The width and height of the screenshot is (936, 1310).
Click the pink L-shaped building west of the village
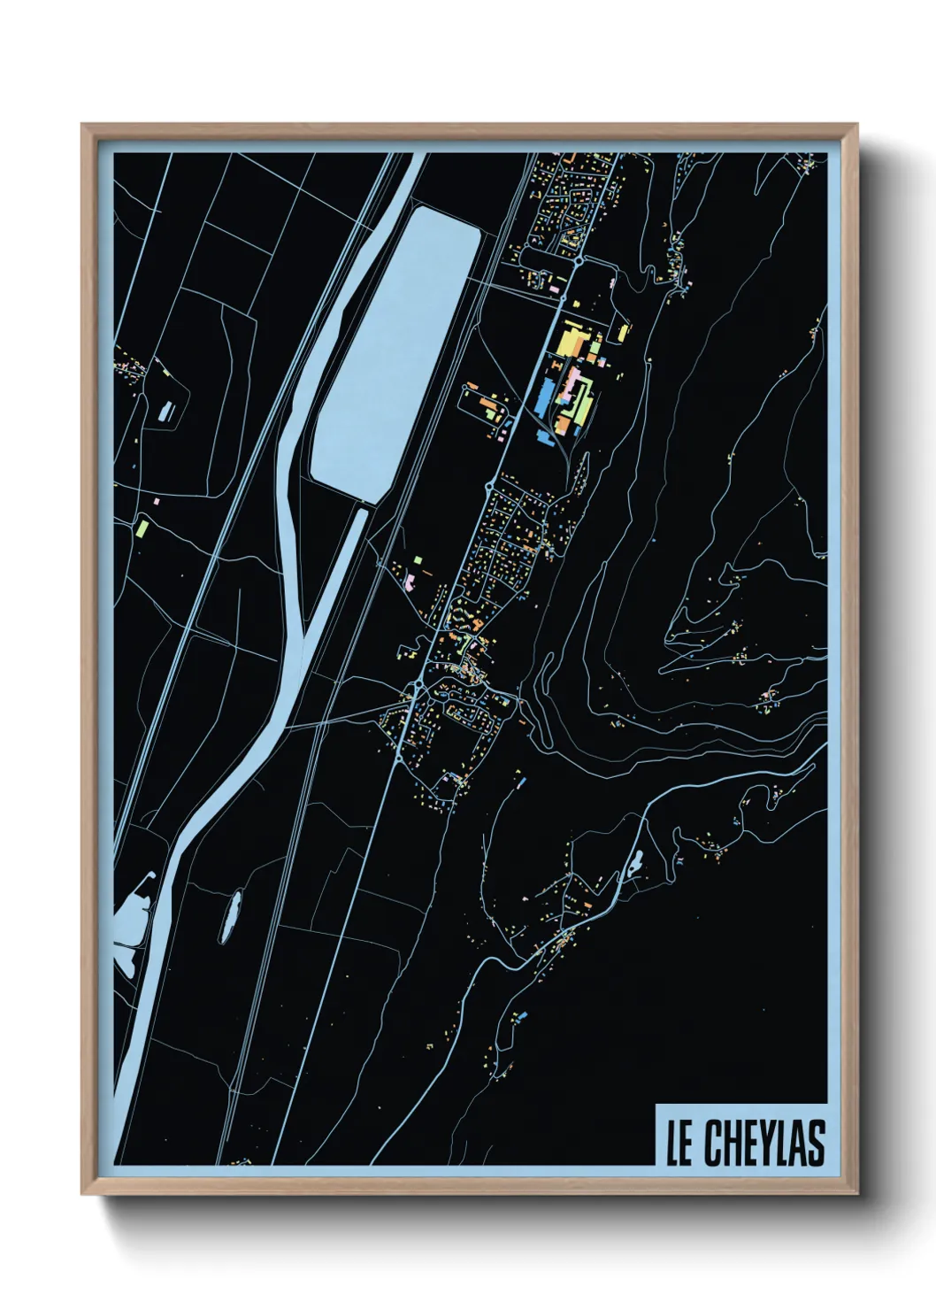pos(410,582)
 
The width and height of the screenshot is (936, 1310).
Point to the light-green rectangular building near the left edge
pos(142,528)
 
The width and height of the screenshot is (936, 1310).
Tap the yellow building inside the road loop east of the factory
pos(624,333)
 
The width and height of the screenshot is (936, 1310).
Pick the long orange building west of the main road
pos(487,408)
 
